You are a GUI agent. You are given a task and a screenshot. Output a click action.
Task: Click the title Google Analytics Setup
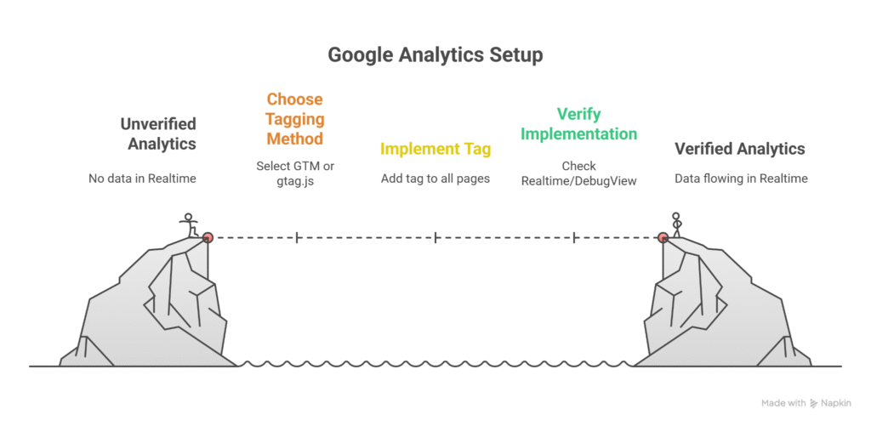tap(435, 55)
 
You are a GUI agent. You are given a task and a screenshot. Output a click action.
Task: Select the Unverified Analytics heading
tap(158, 133)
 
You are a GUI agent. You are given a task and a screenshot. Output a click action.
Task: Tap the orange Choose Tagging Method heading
tap(295, 118)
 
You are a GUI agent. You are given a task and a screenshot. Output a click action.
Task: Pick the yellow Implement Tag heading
tap(435, 150)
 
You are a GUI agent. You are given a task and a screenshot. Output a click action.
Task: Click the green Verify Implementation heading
tap(578, 123)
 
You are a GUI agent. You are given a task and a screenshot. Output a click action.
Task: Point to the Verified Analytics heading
tap(739, 149)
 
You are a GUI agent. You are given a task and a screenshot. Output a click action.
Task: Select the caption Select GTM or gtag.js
tap(295, 173)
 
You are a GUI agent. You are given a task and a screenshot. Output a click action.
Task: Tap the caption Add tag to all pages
tap(435, 179)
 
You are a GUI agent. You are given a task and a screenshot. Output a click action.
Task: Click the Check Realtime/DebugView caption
tap(578, 173)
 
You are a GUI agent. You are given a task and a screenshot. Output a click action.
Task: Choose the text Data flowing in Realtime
tap(740, 179)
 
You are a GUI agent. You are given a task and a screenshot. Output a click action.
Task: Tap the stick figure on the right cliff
tap(677, 224)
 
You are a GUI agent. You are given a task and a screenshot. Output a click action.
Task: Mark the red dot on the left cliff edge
tap(207, 237)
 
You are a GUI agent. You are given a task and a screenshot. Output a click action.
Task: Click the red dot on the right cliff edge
tap(663, 237)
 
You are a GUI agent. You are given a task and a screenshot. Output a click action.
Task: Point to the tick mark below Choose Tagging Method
tap(296, 237)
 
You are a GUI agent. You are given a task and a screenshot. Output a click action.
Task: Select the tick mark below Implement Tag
tap(435, 237)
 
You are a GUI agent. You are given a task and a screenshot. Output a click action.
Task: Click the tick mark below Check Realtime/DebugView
tap(576, 237)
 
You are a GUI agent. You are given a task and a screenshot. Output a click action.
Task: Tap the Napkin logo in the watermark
tap(814, 403)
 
